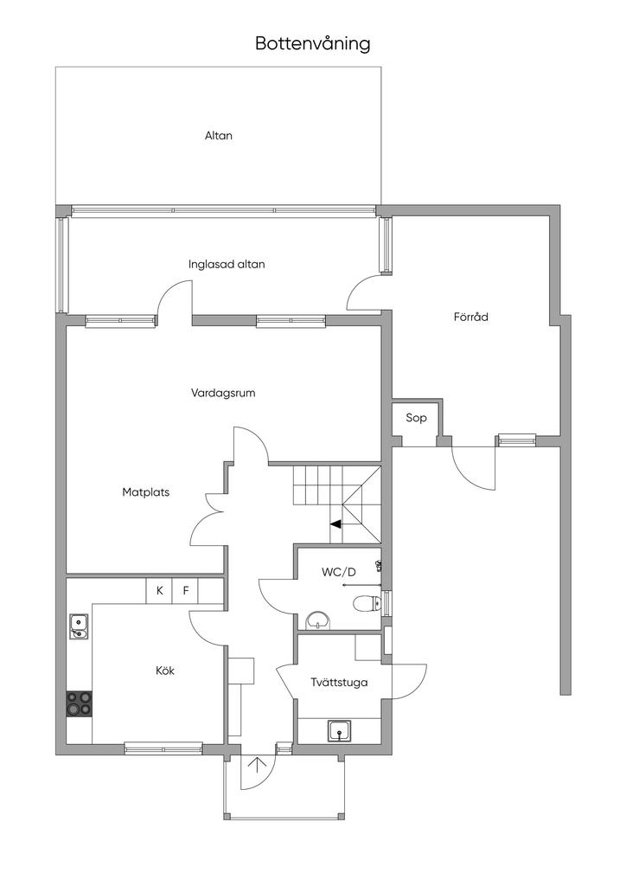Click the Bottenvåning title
coord(313,43)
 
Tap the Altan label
coord(219,136)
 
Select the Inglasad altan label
coord(227,265)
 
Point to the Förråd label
coord(470,317)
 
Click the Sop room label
coord(416,418)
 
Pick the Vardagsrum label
coord(223,393)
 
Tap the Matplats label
coord(145,492)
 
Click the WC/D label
coord(339,573)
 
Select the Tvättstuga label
coord(339,683)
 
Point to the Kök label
coord(165,671)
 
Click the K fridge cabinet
coord(159,591)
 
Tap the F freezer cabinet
coord(185,591)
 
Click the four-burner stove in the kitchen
coord(79,703)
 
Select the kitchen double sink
coord(79,626)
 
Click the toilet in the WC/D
coord(367,604)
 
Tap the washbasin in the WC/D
coord(319,621)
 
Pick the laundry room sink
coord(340,731)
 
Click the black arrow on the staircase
coord(335,523)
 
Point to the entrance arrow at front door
coord(258,765)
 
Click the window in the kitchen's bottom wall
coord(163,749)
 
